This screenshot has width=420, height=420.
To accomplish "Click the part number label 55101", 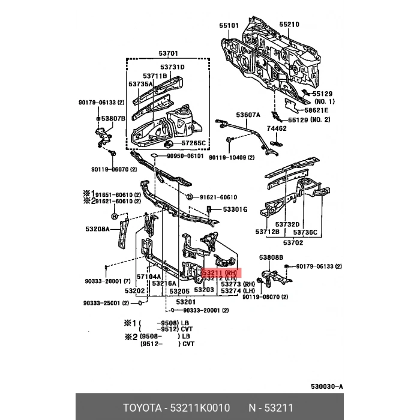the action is (x=229, y=25).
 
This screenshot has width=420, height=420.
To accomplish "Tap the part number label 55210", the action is (x=289, y=25).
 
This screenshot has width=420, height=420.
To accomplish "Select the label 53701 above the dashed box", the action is (x=168, y=53).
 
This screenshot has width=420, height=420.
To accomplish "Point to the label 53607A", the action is (x=248, y=115).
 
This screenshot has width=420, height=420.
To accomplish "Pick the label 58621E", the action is (x=316, y=110).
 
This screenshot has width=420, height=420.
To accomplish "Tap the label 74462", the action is (x=277, y=128).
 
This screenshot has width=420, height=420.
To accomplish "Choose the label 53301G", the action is (x=235, y=209).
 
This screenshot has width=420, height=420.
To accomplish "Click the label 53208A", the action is (x=97, y=229).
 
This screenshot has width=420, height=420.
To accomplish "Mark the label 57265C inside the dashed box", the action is (x=194, y=143).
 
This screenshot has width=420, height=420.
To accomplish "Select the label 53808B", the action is (x=271, y=257).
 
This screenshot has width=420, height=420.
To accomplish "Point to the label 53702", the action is (x=293, y=242).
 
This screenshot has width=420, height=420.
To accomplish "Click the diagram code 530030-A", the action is (x=327, y=386).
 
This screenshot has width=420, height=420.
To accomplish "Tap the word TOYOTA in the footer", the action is (x=143, y=408).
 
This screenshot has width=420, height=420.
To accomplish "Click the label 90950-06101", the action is (x=185, y=156).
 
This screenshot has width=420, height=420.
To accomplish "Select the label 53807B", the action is (x=113, y=118).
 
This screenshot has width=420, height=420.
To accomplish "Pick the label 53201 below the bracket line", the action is (x=186, y=302).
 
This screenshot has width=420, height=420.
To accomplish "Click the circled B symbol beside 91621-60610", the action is (x=190, y=197).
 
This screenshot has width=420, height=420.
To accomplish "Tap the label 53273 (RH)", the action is (x=238, y=284).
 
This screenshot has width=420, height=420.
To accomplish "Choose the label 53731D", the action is (x=173, y=67).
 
